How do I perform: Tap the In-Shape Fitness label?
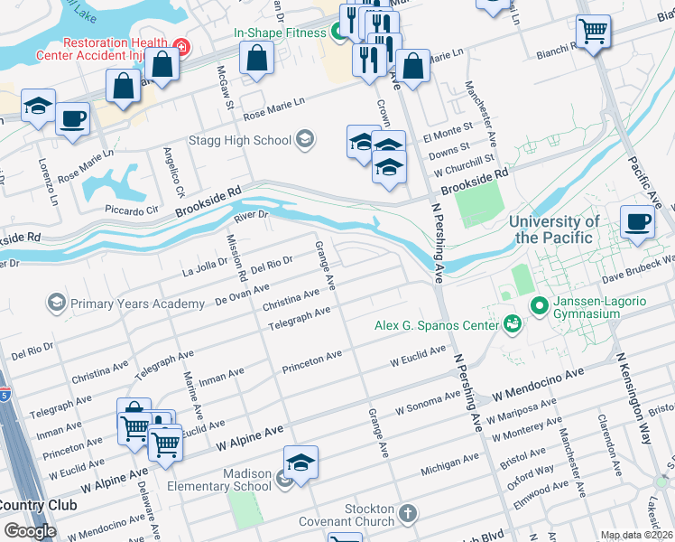coord(280,33)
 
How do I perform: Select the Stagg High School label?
coord(240,140)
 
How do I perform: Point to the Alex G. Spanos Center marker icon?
coord(513,322)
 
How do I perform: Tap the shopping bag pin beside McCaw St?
coord(257,59)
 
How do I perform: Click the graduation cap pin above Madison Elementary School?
coord(301,463)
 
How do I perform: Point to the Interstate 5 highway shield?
coord(5,395)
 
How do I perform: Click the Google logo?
coord(30,530)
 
